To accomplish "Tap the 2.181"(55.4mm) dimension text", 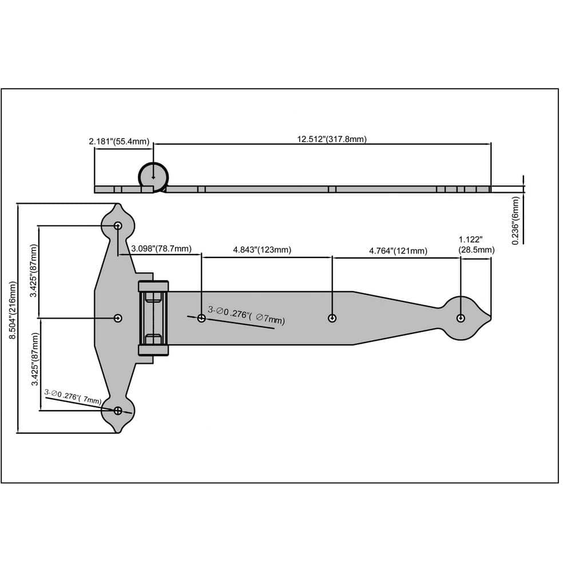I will [x=118, y=141].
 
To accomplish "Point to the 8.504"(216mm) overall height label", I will [x=13, y=317].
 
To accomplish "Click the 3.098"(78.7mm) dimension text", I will [x=161, y=249].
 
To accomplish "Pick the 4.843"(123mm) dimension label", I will [x=262, y=250].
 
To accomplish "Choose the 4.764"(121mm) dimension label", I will [x=398, y=251].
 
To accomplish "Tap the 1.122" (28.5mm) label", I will [x=476, y=245].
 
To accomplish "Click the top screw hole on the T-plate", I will [x=118, y=226].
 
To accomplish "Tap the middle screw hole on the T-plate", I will [x=118, y=318].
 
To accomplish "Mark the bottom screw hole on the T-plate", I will [x=118, y=410].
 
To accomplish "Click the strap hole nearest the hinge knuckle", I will [x=201, y=318].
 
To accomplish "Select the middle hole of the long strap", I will [x=332, y=318].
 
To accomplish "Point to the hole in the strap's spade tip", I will [x=460, y=318].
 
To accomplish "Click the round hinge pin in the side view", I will [x=153, y=175].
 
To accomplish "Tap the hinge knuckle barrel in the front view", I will [x=153, y=318].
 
